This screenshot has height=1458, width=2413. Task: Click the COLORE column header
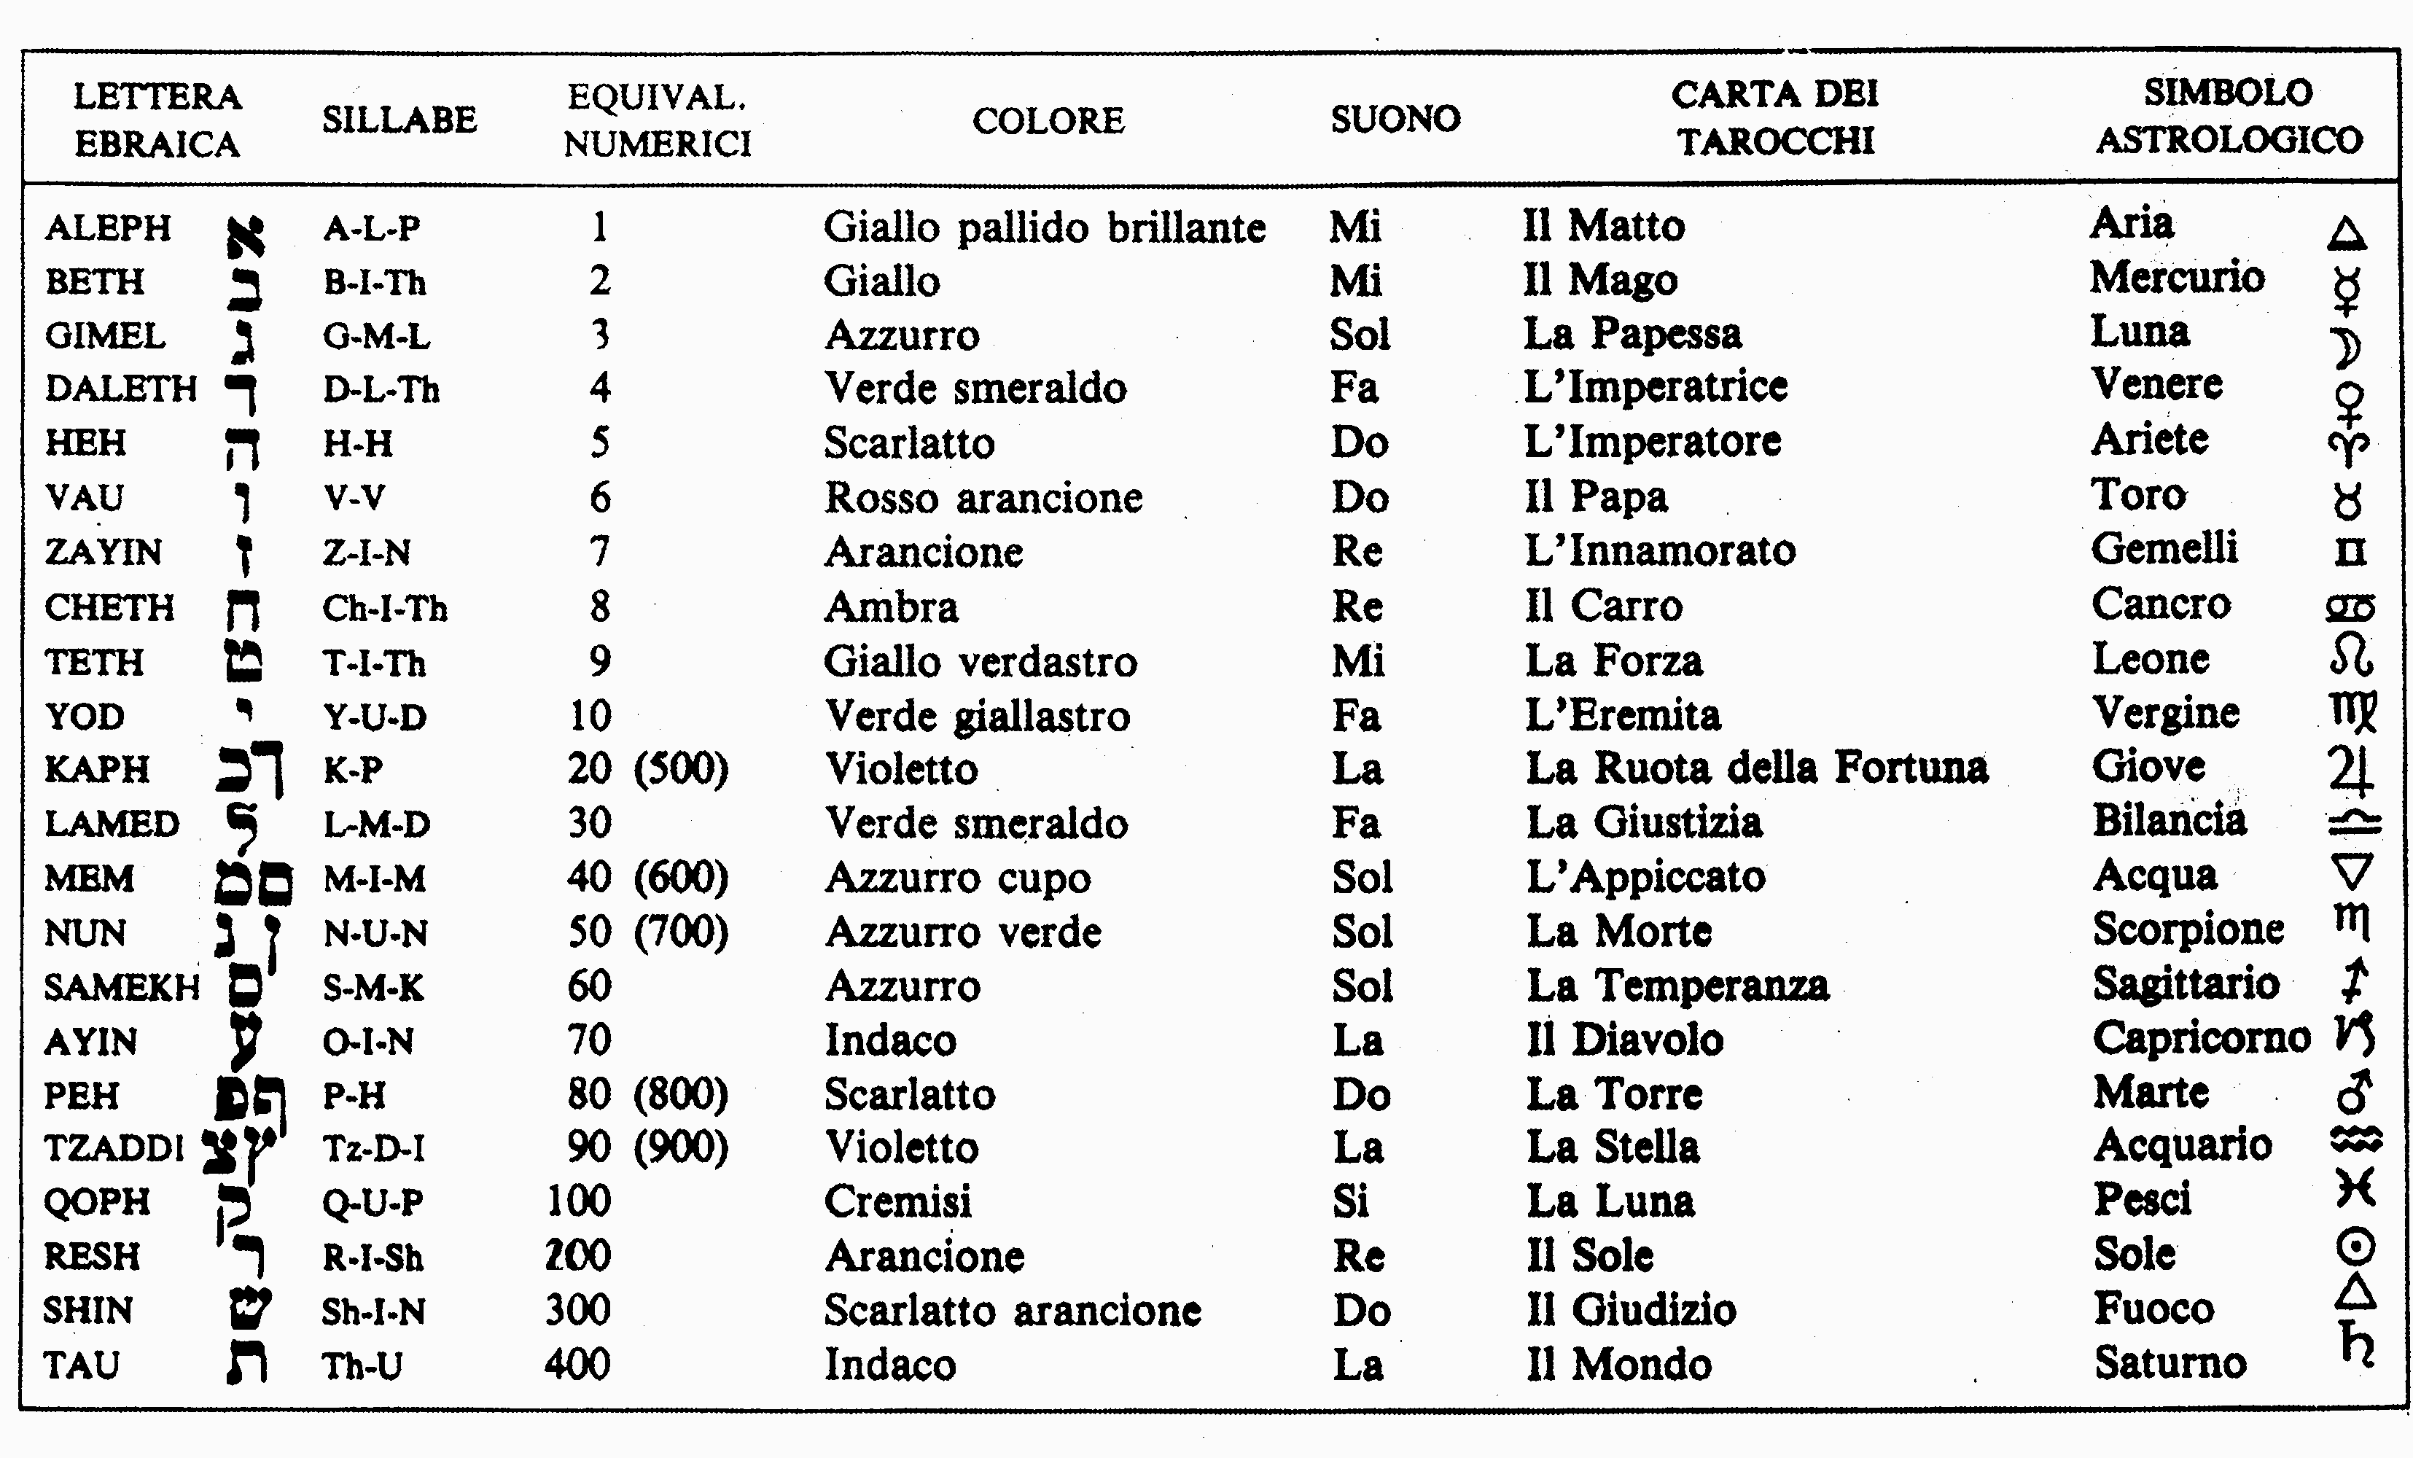[x=1048, y=120]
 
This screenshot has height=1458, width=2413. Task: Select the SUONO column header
[x=1395, y=120]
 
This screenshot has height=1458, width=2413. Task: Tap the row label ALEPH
[x=108, y=228]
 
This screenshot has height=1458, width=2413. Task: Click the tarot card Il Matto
[x=1604, y=226]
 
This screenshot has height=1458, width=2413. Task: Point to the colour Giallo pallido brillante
[x=1044, y=228]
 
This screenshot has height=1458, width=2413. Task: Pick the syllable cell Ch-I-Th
[x=385, y=608]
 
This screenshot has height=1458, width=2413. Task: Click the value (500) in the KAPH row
[x=682, y=768]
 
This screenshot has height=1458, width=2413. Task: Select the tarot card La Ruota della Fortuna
[x=1757, y=768]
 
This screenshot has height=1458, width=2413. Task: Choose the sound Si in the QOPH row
[x=1350, y=1201]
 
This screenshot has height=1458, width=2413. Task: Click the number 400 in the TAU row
[x=578, y=1364]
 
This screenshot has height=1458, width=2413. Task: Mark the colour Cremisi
[x=898, y=1201]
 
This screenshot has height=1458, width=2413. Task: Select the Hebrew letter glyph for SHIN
[x=249, y=1310]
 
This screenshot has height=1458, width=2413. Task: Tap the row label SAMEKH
[x=122, y=987]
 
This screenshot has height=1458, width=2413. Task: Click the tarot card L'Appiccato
[x=1645, y=877]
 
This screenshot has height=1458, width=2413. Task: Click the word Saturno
[x=2170, y=1363]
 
